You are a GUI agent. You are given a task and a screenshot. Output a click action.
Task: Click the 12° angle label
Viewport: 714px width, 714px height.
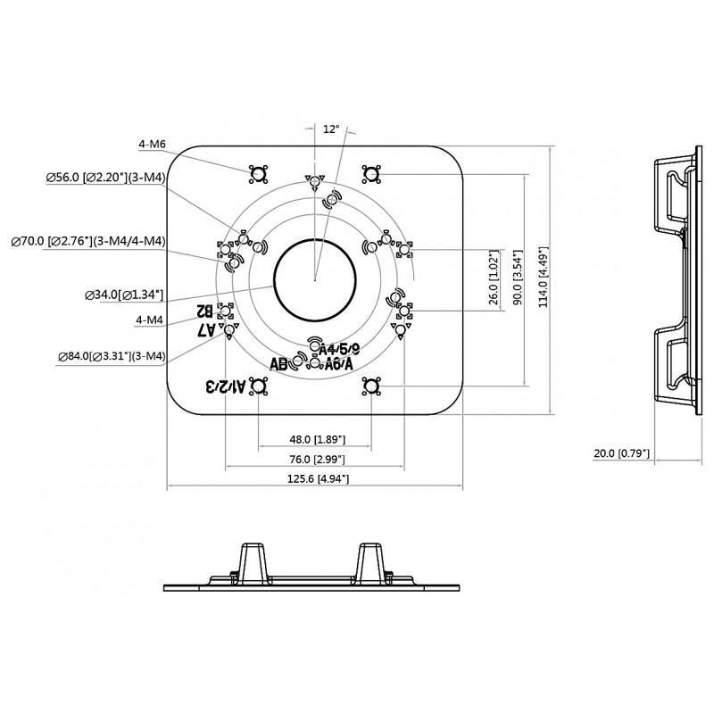(x=331, y=129)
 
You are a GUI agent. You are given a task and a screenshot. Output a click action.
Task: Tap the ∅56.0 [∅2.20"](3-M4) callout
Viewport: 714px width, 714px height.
(x=105, y=178)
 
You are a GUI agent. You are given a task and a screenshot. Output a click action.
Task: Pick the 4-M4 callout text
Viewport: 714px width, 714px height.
(x=150, y=319)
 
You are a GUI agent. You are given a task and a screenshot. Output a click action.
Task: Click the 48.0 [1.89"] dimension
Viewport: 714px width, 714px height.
(x=317, y=440)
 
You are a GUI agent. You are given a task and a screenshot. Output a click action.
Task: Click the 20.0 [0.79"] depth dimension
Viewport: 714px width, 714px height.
(x=622, y=454)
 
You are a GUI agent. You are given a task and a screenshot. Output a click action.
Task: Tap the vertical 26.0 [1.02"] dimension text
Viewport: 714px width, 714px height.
(x=493, y=280)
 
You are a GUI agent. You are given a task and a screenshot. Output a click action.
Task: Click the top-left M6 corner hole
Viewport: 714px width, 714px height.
(x=258, y=172)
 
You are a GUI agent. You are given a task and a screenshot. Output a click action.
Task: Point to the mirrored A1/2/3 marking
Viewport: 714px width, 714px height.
(x=224, y=386)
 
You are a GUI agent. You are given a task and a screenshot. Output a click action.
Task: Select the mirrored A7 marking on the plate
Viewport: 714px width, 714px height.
(x=206, y=329)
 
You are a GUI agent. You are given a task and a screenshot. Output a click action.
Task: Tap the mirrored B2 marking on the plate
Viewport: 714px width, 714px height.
(x=204, y=311)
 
